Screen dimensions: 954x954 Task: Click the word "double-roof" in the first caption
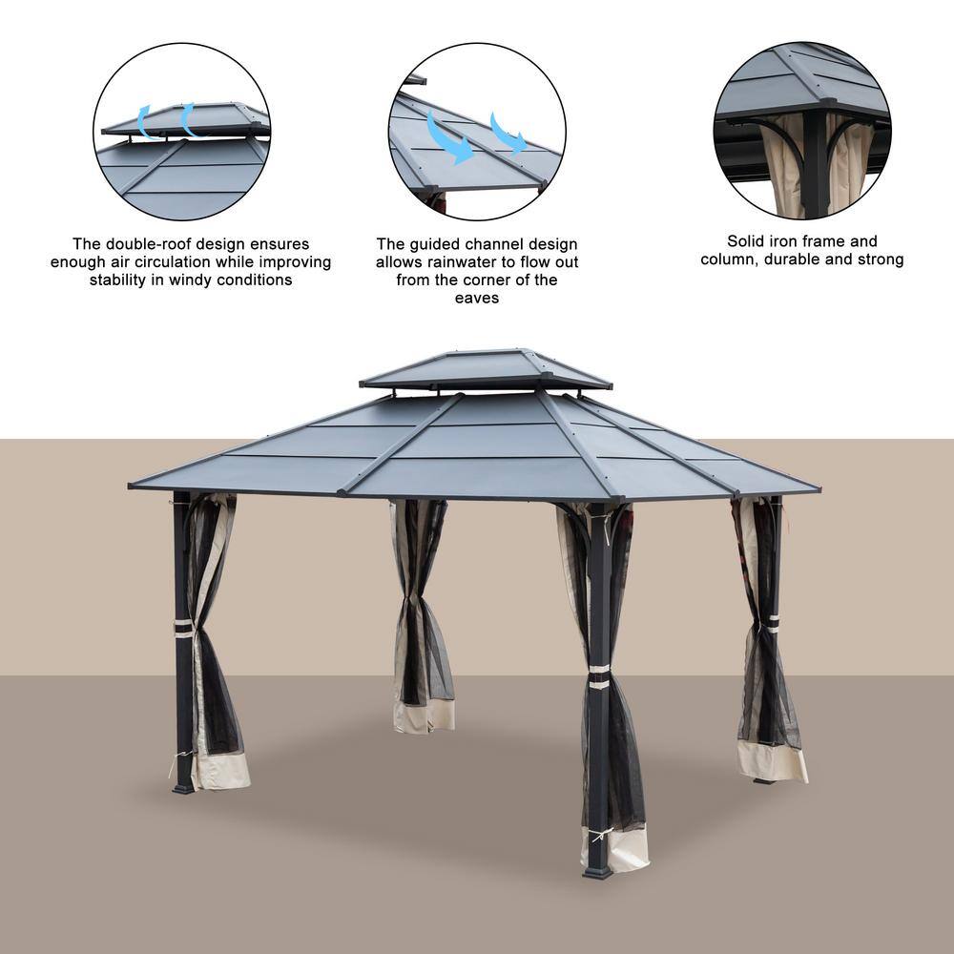(142, 244)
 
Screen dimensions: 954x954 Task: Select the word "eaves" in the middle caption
(477, 298)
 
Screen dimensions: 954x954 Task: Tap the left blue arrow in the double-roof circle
(145, 122)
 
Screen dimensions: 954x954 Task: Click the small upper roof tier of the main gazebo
(486, 369)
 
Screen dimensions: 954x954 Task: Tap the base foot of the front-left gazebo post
(183, 789)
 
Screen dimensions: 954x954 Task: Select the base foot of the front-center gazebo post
(597, 873)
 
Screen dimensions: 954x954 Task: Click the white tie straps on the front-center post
(599, 676)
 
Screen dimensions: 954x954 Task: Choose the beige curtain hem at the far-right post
(773, 760)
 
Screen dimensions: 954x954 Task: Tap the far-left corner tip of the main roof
(129, 486)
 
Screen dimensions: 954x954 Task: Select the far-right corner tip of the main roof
(820, 488)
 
